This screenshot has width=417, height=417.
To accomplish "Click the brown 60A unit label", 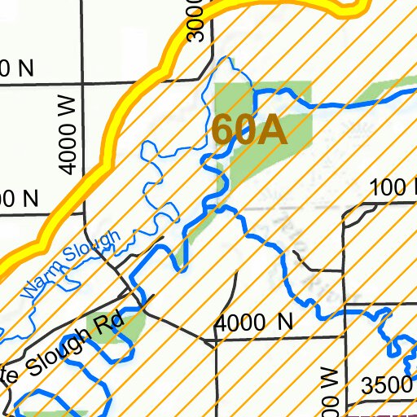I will tap(250, 130).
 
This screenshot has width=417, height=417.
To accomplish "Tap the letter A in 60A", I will tap(274, 130).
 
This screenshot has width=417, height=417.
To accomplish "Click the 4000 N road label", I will tap(253, 323).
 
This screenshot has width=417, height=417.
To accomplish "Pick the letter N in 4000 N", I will tap(284, 323).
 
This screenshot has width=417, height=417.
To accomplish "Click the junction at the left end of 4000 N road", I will tap(214, 342).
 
